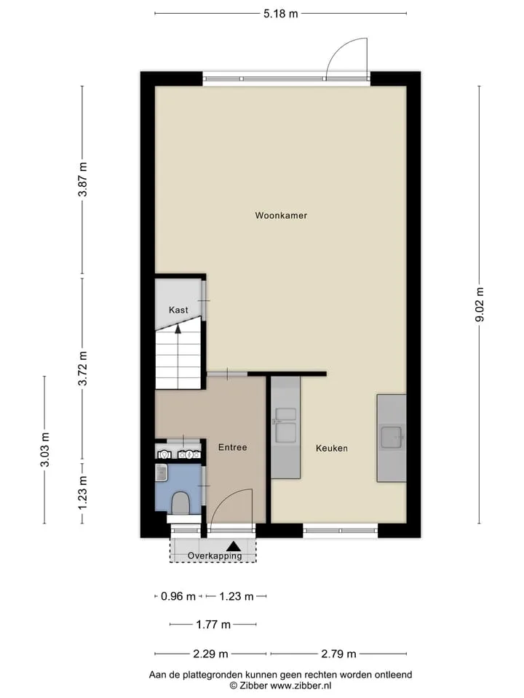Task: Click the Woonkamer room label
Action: click(x=281, y=215)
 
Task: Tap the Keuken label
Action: click(x=332, y=449)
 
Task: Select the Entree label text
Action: click(x=232, y=447)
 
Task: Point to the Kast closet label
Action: click(x=178, y=310)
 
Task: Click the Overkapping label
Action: click(x=215, y=555)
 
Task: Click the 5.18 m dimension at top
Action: click(x=280, y=13)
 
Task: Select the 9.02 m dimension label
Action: click(x=480, y=305)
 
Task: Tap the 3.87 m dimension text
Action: click(x=82, y=180)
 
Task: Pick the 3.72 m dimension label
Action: click(x=82, y=368)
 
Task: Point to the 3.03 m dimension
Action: click(x=44, y=449)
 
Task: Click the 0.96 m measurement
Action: click(x=178, y=596)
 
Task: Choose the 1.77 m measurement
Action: click(x=213, y=625)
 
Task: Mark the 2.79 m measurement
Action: click(x=338, y=654)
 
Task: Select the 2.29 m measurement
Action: click(x=210, y=654)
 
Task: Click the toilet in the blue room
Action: click(x=180, y=502)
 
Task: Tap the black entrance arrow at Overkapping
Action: click(x=234, y=546)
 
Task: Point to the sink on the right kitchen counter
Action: click(x=392, y=437)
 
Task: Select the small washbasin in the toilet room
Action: click(x=162, y=473)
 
